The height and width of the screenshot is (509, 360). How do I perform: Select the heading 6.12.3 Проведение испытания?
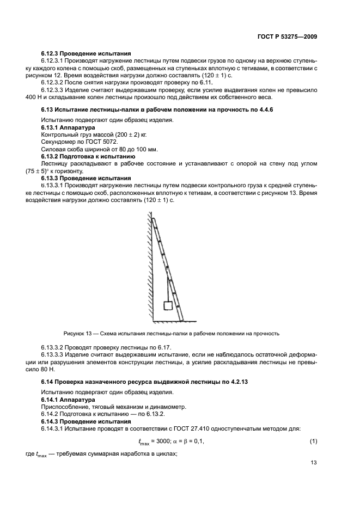tap(86, 53)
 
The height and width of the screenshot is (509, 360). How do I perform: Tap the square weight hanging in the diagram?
tap(168, 305)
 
